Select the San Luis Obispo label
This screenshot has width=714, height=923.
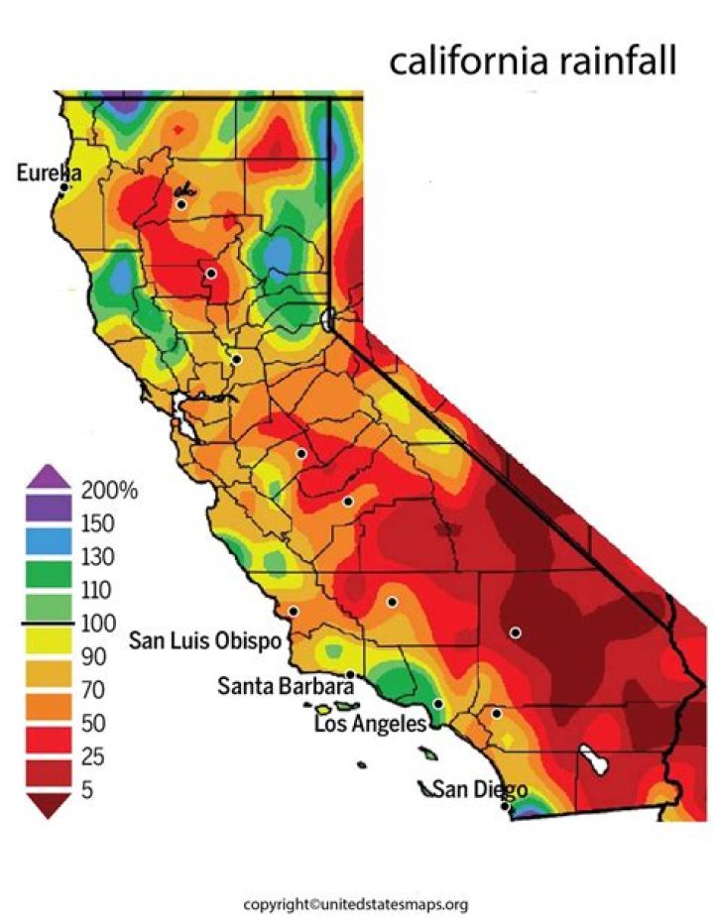(x=205, y=641)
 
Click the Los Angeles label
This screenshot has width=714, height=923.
(x=370, y=725)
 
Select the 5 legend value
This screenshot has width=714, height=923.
(x=90, y=791)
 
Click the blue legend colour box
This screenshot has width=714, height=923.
(x=48, y=540)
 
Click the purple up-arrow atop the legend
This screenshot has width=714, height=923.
(x=48, y=477)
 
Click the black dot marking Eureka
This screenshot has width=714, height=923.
(x=63, y=186)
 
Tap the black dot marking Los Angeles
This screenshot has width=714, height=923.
(x=438, y=704)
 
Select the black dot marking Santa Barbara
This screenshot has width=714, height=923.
(x=350, y=674)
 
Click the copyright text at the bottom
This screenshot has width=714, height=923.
(x=356, y=904)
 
